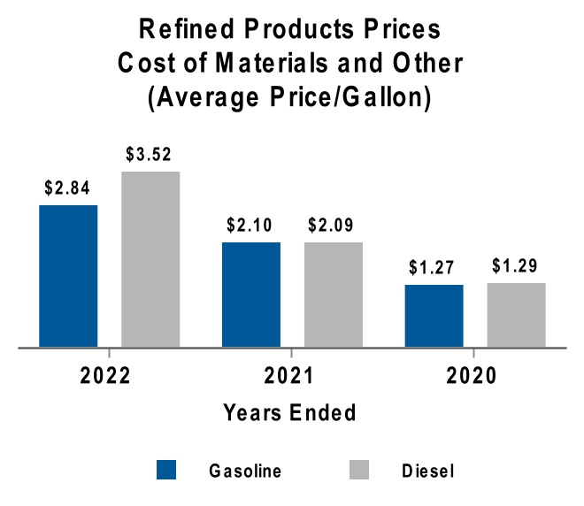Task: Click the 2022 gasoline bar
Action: point(68,276)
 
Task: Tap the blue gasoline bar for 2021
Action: point(251,295)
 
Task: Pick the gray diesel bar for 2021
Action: point(334,295)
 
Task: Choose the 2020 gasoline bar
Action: point(434,316)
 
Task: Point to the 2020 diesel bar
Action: point(516,315)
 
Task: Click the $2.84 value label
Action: point(68,188)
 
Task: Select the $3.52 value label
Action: point(150,155)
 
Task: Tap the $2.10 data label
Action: point(251,226)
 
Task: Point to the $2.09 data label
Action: point(334,226)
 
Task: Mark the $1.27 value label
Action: point(434,268)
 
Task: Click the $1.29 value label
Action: point(516,266)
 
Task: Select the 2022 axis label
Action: point(106,375)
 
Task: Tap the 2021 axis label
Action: point(289,375)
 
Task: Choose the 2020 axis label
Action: point(472,375)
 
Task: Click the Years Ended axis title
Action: point(289,412)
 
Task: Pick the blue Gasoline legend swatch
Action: point(167,470)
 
